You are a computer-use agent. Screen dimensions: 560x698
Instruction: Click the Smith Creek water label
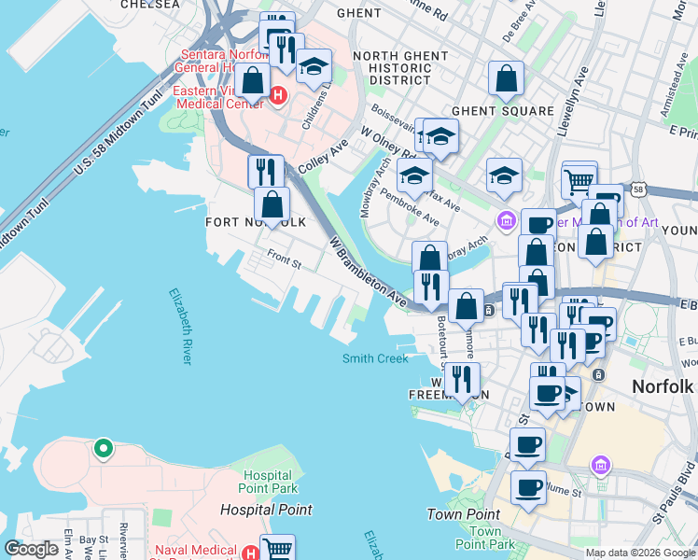375,358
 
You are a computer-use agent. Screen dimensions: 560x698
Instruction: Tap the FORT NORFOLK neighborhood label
255,222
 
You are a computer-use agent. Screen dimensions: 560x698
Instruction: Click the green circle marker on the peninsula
103,450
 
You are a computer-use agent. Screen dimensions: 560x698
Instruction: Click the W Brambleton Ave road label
368,273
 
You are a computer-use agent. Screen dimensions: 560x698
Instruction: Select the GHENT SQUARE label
502,111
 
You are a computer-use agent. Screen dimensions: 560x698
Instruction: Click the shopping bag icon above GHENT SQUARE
506,80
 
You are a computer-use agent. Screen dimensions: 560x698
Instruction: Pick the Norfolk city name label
663,385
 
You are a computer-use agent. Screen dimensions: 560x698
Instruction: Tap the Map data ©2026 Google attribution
640,553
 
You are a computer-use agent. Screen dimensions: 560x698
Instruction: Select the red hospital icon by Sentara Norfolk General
277,94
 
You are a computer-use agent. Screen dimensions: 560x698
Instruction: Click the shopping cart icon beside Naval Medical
278,549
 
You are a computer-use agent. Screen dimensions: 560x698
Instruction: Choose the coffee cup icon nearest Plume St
528,487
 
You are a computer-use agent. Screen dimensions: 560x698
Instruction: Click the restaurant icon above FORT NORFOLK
266,172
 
